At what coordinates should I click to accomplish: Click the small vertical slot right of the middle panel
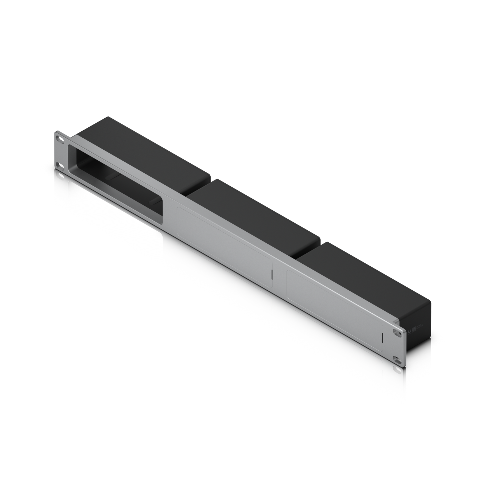tap(272, 274)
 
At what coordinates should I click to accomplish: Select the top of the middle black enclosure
tap(256, 207)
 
